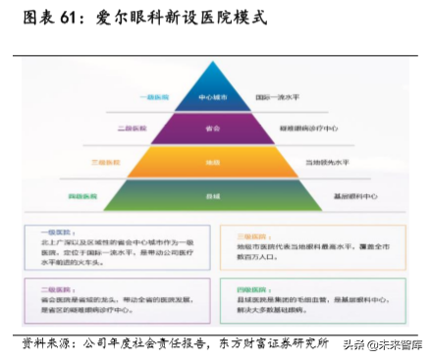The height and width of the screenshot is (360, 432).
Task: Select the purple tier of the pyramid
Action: coord(214,128)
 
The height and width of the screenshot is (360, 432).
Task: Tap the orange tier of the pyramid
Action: coord(214,161)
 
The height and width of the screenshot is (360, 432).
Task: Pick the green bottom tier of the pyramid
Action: coord(214,196)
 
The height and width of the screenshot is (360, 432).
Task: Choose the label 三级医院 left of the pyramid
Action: coord(106,161)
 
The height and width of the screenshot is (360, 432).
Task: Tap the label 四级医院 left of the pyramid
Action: coord(83,196)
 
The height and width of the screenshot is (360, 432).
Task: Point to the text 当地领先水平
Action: coord(327,161)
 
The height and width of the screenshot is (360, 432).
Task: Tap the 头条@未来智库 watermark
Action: coord(384,345)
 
